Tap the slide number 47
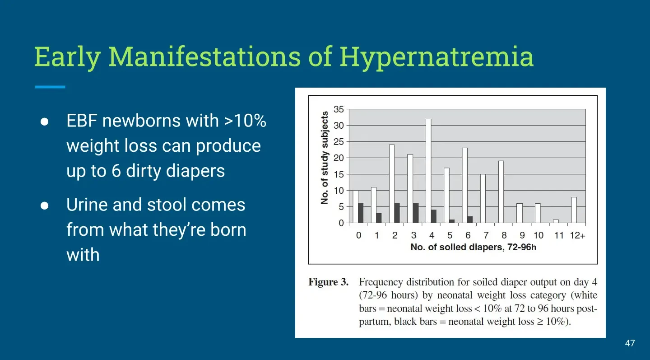630,343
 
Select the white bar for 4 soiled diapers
428,171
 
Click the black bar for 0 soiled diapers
361,213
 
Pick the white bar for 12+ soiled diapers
574,210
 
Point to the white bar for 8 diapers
501,192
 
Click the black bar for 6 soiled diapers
470,220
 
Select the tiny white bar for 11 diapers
556,221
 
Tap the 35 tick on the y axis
339,109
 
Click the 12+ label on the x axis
577,235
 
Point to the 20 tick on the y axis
339,158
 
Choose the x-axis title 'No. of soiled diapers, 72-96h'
473,247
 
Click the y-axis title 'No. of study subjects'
325,158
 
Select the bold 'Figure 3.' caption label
329,282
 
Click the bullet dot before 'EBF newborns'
44,122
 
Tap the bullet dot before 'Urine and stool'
44,206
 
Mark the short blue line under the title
50,87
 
